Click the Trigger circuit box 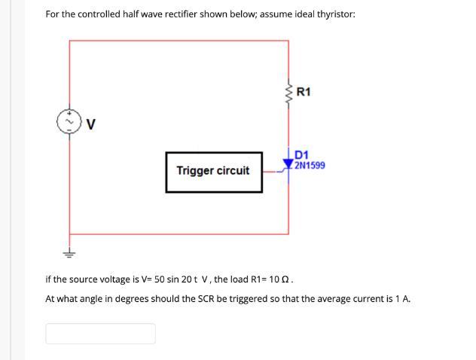(x=214, y=172)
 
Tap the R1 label (x=304, y=93)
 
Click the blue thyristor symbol (x=288, y=162)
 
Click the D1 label (x=302, y=156)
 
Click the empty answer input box (x=100, y=333)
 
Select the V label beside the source (x=90, y=125)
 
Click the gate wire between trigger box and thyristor (x=273, y=171)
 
